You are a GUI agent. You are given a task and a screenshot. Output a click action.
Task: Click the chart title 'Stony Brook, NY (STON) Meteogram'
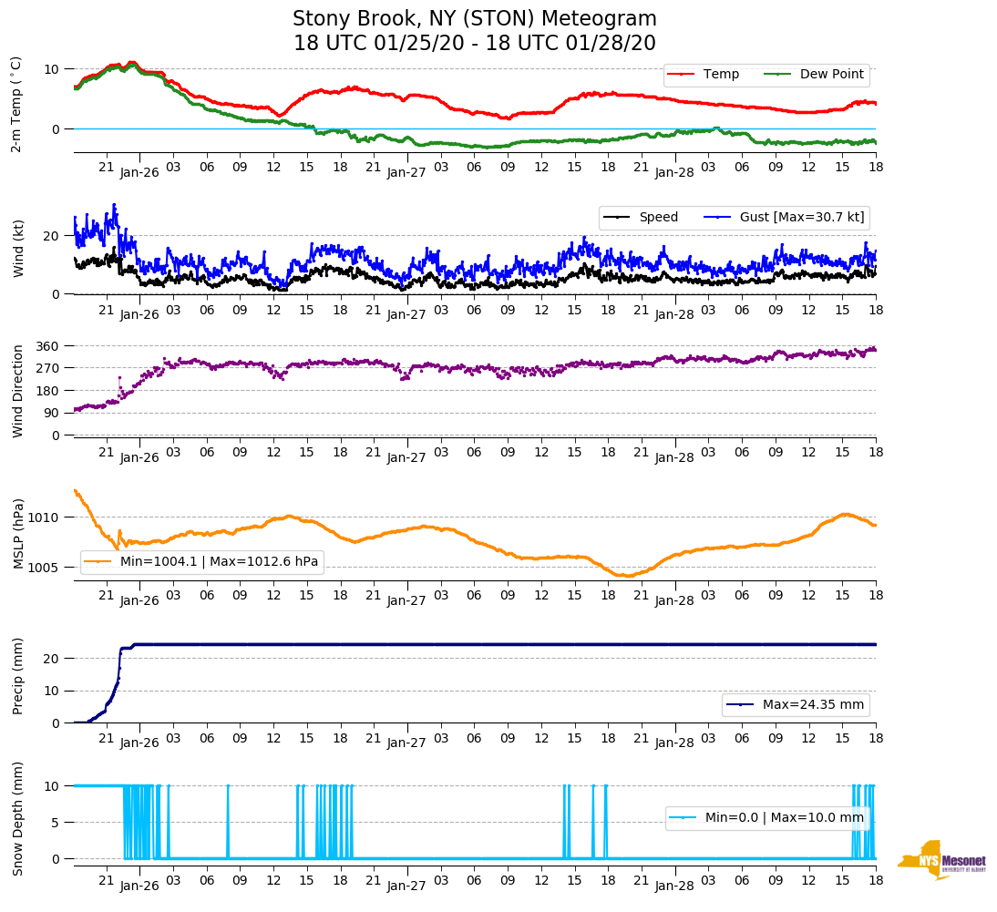[x=474, y=19]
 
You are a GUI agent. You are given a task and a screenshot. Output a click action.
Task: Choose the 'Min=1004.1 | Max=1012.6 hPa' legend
[x=202, y=562]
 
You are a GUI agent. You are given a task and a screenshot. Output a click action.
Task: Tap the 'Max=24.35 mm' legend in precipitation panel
[x=796, y=705]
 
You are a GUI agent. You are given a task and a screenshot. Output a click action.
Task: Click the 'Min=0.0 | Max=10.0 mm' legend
[x=767, y=818]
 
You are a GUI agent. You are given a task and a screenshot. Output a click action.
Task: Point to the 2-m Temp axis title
[x=16, y=104]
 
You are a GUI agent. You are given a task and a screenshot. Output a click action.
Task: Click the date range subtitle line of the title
[x=474, y=44]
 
